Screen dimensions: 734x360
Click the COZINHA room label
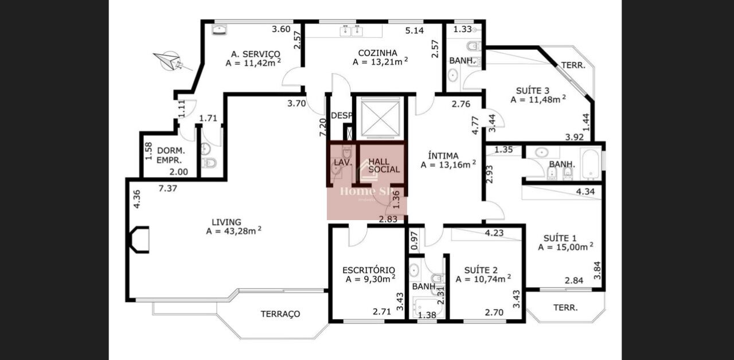(x=377, y=53)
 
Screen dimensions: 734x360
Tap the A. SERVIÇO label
(x=256, y=54)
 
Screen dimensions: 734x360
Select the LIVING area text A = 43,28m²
(x=233, y=231)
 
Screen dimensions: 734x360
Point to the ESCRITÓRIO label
(x=369, y=270)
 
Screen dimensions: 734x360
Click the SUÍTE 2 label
(x=481, y=270)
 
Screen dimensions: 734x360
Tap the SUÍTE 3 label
(x=533, y=91)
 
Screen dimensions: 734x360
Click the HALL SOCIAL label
(x=384, y=166)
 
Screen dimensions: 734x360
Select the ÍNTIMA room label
(x=443, y=155)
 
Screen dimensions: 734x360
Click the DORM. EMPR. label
(x=171, y=155)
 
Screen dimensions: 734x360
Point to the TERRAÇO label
(x=280, y=314)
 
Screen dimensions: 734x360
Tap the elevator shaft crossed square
(x=380, y=118)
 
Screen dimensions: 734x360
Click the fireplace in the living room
(x=139, y=240)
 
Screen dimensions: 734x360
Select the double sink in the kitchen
(x=351, y=30)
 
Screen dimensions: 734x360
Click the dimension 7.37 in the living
(x=168, y=189)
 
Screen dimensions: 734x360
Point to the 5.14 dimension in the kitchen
(x=415, y=30)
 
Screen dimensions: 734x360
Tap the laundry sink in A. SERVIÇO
(x=219, y=29)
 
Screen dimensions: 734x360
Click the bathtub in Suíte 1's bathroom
(x=591, y=163)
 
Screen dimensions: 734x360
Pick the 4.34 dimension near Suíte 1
(x=585, y=191)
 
